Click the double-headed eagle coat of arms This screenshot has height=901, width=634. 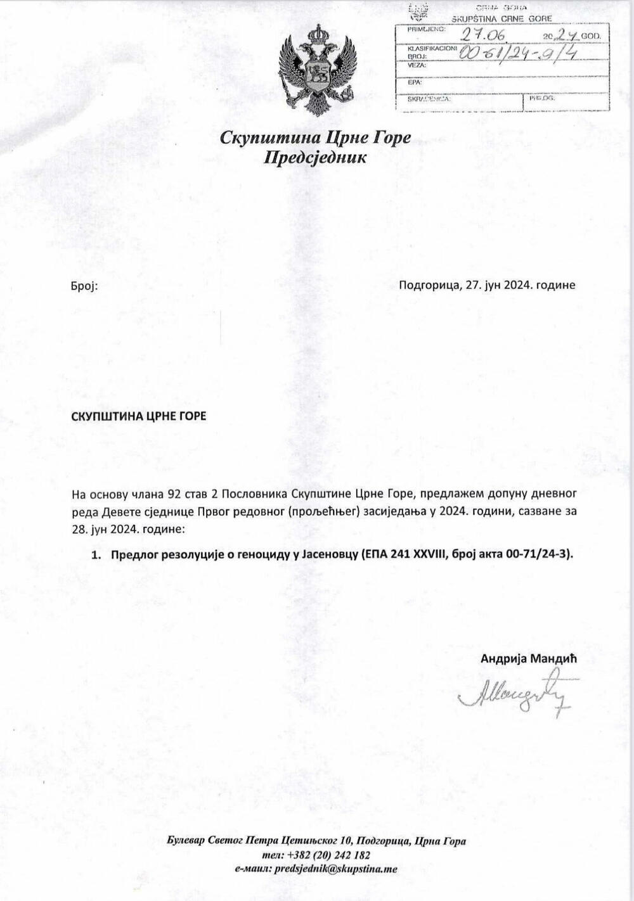(316, 70)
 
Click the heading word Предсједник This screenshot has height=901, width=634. (315, 157)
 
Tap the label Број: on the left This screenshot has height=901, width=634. (84, 286)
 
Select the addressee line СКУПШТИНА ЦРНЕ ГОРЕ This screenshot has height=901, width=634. (138, 416)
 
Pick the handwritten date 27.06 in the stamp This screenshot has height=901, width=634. (481, 34)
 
